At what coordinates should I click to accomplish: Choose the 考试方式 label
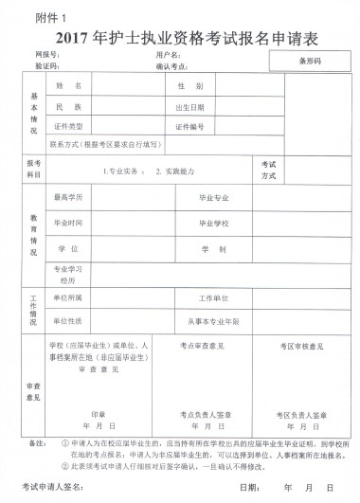268,170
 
